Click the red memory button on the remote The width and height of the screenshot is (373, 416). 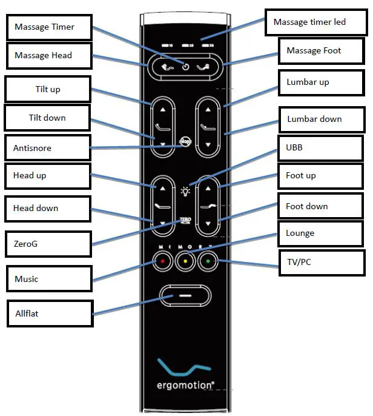(x=162, y=262)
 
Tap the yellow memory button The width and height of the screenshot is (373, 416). (x=185, y=262)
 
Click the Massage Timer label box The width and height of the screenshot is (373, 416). (x=48, y=27)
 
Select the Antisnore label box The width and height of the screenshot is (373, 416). (x=47, y=147)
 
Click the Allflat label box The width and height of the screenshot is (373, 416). (x=50, y=313)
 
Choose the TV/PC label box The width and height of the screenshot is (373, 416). (x=321, y=262)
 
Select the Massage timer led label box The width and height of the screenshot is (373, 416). (x=318, y=22)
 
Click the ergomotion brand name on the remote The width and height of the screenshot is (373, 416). (x=185, y=386)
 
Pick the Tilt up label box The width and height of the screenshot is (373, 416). (x=47, y=89)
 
